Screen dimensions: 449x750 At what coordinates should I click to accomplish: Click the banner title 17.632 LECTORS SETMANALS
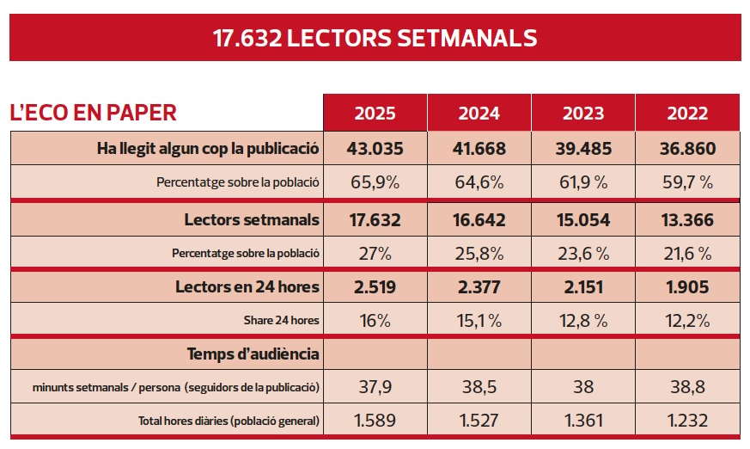pyautogui.click(x=375, y=39)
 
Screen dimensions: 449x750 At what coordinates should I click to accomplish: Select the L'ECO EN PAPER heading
pyautogui.click(x=93, y=112)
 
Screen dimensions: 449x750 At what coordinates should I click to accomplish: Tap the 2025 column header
pyautogui.click(x=375, y=114)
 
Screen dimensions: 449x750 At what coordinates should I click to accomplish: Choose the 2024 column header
pyautogui.click(x=479, y=114)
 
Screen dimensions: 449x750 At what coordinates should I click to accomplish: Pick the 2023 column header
pyautogui.click(x=582, y=114)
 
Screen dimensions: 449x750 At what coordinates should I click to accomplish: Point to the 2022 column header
pyautogui.click(x=686, y=114)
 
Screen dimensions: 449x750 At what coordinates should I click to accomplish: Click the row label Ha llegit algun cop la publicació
pyautogui.click(x=209, y=148)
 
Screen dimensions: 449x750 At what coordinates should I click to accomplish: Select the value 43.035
pyautogui.click(x=375, y=148)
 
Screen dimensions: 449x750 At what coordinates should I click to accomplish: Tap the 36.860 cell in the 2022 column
pyautogui.click(x=686, y=148)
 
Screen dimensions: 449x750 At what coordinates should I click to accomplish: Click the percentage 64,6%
pyautogui.click(x=479, y=182)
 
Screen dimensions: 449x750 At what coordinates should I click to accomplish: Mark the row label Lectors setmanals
pyautogui.click(x=252, y=219)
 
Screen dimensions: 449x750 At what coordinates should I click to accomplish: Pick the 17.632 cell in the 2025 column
pyautogui.click(x=375, y=219)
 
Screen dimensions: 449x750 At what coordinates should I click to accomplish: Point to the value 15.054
pyautogui.click(x=582, y=219)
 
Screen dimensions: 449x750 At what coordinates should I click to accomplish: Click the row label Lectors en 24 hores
pyautogui.click(x=247, y=286)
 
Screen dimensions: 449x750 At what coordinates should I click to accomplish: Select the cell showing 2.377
pyautogui.click(x=479, y=286)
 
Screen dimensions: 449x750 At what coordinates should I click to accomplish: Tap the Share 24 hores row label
pyautogui.click(x=282, y=321)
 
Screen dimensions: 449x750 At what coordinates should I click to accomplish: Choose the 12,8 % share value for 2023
pyautogui.click(x=582, y=321)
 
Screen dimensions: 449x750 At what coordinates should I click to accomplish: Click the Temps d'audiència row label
pyautogui.click(x=253, y=354)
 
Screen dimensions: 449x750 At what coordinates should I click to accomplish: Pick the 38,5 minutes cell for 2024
pyautogui.click(x=479, y=387)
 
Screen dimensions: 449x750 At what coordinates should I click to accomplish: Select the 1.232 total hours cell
pyautogui.click(x=686, y=421)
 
